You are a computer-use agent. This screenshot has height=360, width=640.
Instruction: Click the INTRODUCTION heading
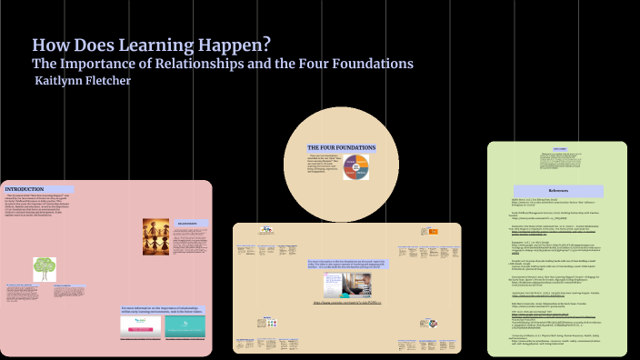[x=25, y=189]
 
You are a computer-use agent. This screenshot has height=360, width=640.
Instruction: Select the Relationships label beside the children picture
[x=188, y=222]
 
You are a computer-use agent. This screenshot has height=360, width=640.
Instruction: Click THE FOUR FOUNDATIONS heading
[x=329, y=146]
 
